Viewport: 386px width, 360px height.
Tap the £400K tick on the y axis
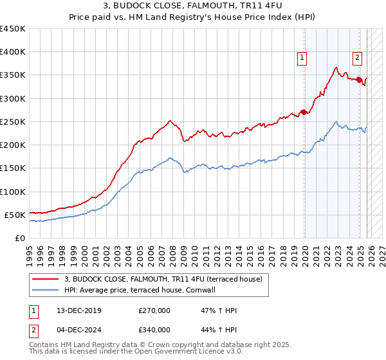click(12, 52)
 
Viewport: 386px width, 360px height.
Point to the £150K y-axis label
click(12, 168)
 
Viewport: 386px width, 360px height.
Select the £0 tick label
click(20, 238)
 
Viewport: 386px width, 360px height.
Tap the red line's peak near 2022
click(336, 67)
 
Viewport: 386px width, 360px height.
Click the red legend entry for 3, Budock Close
click(163, 280)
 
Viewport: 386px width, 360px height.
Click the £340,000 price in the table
click(154, 330)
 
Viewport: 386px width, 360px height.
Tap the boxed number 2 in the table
click(33, 330)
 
